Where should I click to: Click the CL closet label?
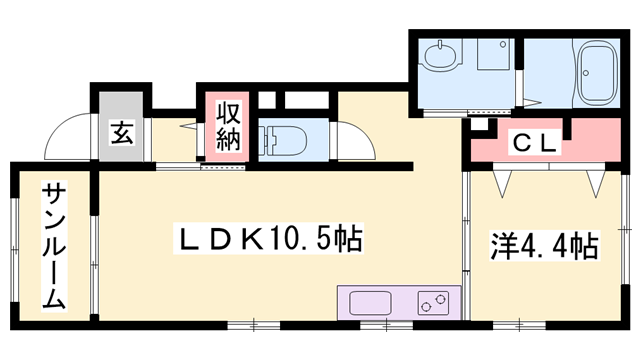tap(534, 143)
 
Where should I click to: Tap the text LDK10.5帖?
tap(270, 239)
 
